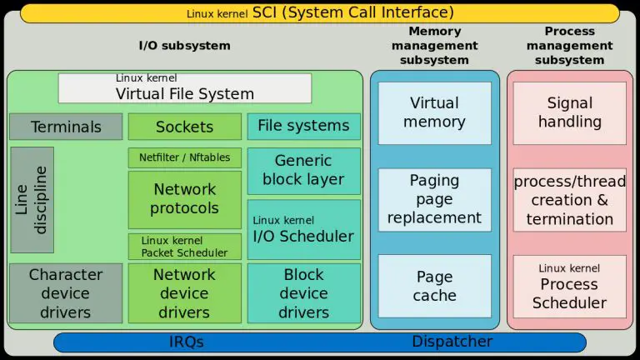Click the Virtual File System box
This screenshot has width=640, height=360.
point(184,88)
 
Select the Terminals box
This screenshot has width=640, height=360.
point(66,127)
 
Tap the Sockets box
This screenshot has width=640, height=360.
point(184,127)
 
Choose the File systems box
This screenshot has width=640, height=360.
point(303,126)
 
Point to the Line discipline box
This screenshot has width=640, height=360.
point(32,200)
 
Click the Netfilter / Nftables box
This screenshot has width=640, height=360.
point(184,157)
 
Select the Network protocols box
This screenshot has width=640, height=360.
point(184,199)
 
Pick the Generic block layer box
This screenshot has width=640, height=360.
point(303,170)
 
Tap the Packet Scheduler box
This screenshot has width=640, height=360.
point(184,247)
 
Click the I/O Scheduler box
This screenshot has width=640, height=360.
point(303,229)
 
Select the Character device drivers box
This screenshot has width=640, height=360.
point(66,293)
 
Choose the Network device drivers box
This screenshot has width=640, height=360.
point(184,293)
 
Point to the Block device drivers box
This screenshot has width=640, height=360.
point(303,293)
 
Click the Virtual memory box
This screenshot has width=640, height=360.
point(434,112)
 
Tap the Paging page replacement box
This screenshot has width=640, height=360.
point(434,199)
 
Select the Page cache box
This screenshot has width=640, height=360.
point(434,286)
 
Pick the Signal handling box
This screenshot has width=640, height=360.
point(569,112)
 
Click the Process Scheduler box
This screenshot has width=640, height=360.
point(569,286)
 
